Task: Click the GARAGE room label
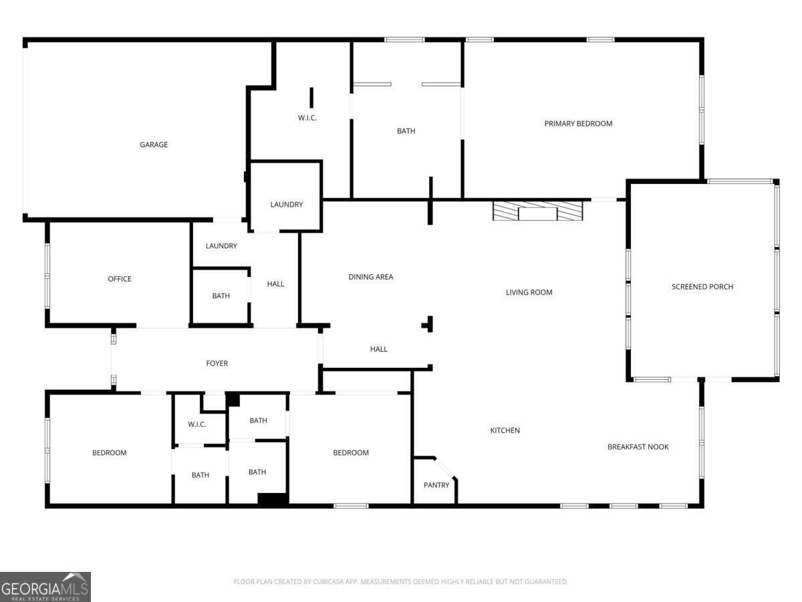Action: click(154, 144)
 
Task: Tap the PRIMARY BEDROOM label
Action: click(578, 123)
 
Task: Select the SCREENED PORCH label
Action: click(702, 286)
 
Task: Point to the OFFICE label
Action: click(120, 279)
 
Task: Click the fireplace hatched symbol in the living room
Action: click(538, 211)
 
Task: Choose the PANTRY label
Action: click(436, 485)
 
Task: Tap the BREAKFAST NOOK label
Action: click(638, 447)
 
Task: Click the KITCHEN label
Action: click(505, 430)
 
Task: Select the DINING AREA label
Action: click(371, 276)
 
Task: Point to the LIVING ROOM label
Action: click(529, 292)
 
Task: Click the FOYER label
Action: click(217, 363)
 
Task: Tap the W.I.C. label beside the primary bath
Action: click(307, 118)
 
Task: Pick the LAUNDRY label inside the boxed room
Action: click(287, 204)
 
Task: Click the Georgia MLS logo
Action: click(45, 587)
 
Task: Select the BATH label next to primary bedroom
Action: click(406, 131)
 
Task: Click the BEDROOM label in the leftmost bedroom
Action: click(109, 453)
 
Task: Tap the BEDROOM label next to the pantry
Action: click(351, 453)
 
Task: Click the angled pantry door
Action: click(446, 468)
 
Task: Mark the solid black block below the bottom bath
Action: click(273, 499)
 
